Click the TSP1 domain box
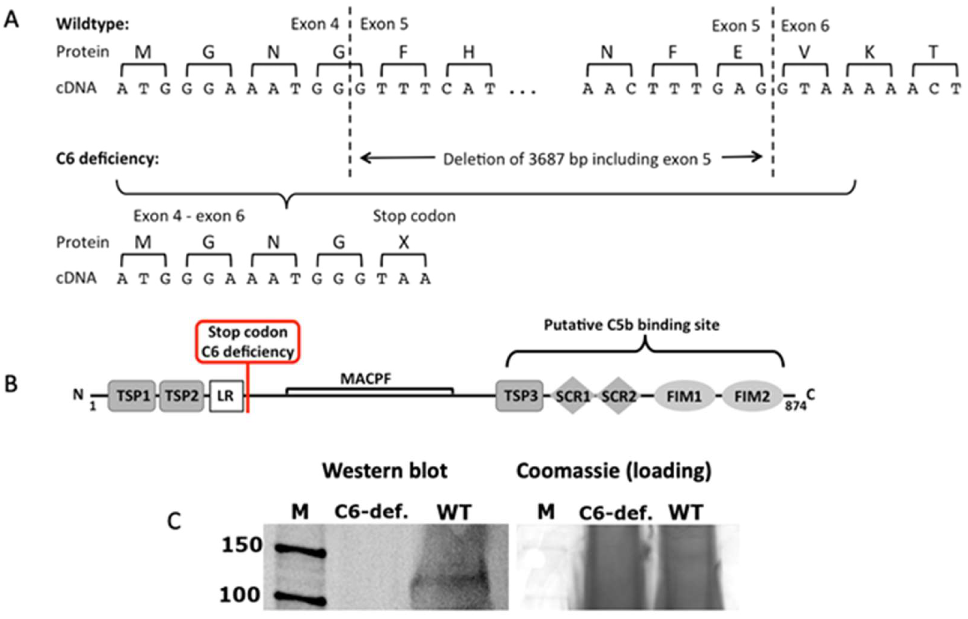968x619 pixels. pos(132,396)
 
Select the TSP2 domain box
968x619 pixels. pos(181,396)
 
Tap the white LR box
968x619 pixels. pos(226,396)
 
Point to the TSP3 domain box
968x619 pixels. pos(519,396)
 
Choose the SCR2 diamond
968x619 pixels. pos(618,396)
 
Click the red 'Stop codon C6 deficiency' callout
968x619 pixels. pos(248,342)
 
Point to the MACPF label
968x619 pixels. pos(365,378)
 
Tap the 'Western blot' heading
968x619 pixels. pos(385,470)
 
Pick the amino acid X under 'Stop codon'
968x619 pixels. pos(404,242)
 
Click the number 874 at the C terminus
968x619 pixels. pos(796,406)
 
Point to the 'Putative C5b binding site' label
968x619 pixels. pos(632,325)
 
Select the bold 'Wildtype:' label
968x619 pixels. pos(93,24)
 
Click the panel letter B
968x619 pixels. pos(11,384)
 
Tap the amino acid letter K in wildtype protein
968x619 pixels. pos(869,52)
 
